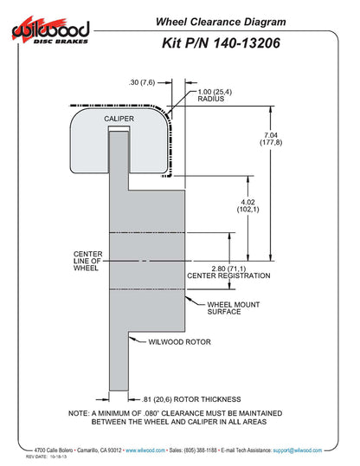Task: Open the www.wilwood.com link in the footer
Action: tap(146, 450)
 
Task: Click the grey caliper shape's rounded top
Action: tap(117, 106)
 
